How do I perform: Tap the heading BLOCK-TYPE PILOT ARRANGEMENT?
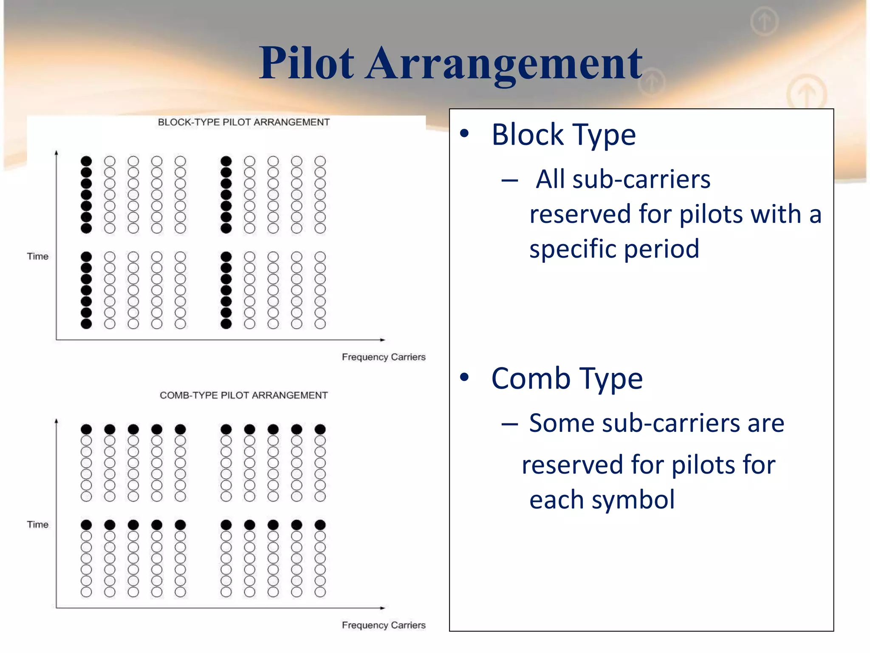[x=243, y=122]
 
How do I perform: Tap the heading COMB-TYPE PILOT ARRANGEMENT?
[x=243, y=395]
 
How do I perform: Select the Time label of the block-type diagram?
[x=38, y=256]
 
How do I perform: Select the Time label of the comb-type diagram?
[x=38, y=525]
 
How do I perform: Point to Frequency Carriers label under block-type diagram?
[x=384, y=357]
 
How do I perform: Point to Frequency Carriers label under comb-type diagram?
[x=384, y=625]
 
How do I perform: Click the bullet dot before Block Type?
[x=465, y=133]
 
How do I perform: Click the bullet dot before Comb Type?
[x=465, y=377]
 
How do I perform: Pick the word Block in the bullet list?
[x=527, y=135]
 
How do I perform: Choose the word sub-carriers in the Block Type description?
[x=641, y=179]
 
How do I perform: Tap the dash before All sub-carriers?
[x=509, y=181]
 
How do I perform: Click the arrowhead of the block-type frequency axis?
[x=383, y=340]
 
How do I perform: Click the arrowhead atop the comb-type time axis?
[x=56, y=421]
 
